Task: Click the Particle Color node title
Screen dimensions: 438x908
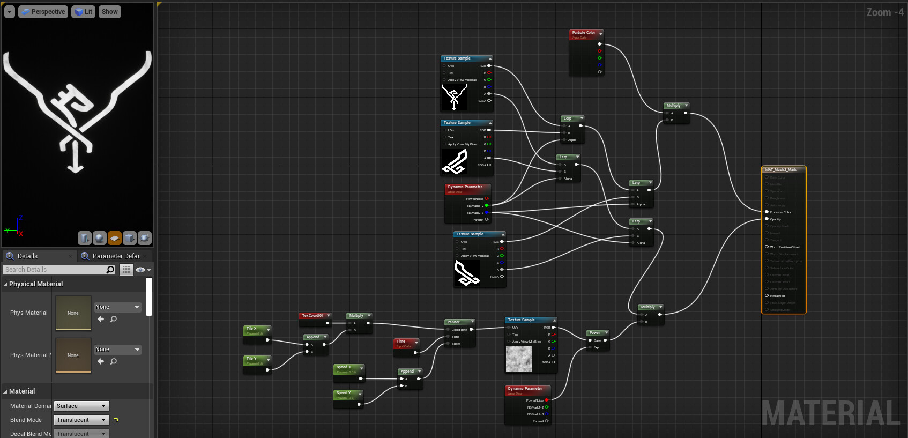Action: coord(584,33)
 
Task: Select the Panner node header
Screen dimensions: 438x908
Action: coord(454,322)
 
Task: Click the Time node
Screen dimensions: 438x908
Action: coord(401,342)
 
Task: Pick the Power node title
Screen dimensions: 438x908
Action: coord(595,333)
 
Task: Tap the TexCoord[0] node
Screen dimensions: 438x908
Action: coord(312,316)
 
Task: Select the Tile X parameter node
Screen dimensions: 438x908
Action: coord(251,329)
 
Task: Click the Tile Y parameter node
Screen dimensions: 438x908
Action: coord(251,359)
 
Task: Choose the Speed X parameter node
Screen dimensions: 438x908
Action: coord(344,367)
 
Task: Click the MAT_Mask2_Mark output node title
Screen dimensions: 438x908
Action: coord(781,170)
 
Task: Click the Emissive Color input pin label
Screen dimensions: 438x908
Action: coord(780,212)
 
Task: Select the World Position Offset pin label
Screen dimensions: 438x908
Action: coord(785,247)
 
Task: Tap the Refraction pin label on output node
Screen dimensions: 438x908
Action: coord(777,296)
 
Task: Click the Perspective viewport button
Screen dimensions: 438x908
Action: coord(43,12)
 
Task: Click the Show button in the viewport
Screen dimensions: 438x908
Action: coord(109,12)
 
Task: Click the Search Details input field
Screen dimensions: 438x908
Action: coord(54,270)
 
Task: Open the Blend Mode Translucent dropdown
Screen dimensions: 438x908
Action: coord(81,420)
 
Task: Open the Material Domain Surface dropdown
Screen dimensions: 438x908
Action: coord(81,406)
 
